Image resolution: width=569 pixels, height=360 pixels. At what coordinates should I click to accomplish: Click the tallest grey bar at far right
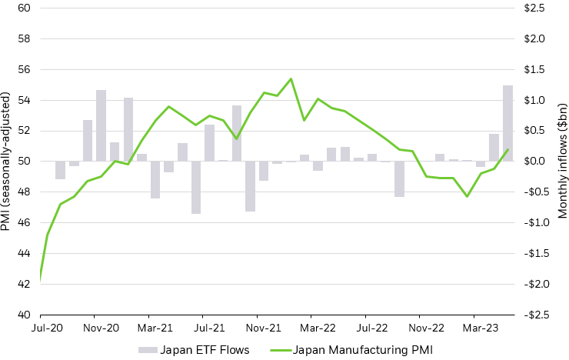pos(508,123)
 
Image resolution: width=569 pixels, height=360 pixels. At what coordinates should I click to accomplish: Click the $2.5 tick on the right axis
pos(533,8)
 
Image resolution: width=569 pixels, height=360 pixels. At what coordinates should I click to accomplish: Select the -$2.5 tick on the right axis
pos(531,315)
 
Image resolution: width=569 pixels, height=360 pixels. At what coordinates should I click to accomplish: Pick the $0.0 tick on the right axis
pos(533,162)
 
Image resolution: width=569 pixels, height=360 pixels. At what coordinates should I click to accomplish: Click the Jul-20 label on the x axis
pos(40,326)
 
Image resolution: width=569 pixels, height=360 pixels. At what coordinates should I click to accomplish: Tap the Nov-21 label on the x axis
pos(258,326)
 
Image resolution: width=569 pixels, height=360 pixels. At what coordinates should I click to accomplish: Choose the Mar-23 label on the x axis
pos(474,326)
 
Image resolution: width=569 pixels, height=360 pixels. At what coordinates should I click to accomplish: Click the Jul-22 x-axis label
pos(366,326)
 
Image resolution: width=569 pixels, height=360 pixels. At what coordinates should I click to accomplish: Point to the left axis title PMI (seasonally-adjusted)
pos(7,161)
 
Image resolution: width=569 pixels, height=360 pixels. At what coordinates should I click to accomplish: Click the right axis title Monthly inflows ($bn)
pos(562,161)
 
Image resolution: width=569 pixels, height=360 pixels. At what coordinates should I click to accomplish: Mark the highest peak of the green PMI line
pos(291,78)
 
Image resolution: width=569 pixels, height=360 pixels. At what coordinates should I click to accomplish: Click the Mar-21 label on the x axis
pos(149,326)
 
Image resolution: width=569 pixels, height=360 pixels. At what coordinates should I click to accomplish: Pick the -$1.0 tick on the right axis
pos(531,223)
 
